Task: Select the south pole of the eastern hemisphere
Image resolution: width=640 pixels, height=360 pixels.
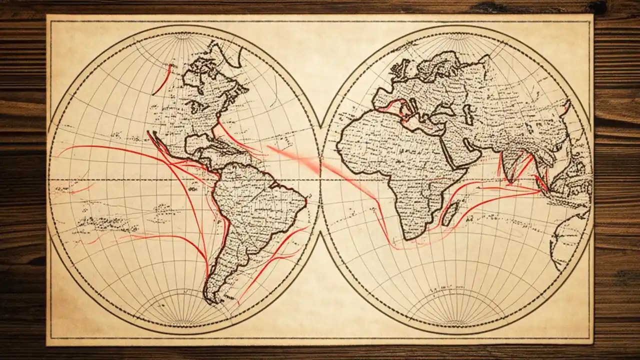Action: click(x=455, y=325)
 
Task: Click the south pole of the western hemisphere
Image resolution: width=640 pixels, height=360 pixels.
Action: click(x=184, y=325)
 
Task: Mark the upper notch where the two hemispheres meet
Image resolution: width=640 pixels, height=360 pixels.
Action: click(x=320, y=125)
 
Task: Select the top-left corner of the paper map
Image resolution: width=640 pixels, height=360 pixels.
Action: click(x=47, y=15)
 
